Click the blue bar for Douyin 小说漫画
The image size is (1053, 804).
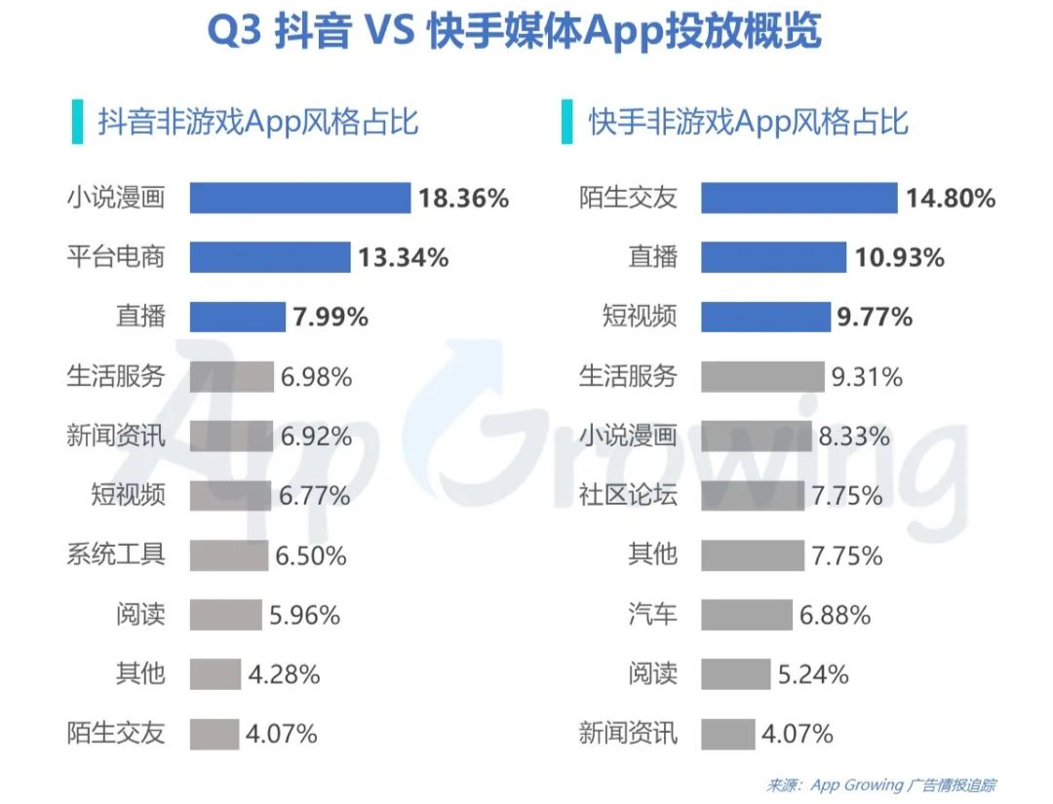click(299, 198)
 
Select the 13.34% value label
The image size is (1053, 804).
click(405, 257)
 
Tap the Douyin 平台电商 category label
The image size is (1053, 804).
click(116, 257)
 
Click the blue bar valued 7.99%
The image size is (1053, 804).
click(237, 317)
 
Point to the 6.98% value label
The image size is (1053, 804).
click(316, 376)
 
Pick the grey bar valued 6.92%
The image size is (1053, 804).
click(231, 436)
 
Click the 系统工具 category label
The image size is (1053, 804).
click(116, 555)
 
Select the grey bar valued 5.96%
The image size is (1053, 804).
click(225, 614)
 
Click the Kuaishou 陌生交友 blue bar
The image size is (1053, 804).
click(799, 198)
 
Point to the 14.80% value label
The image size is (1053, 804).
click(951, 199)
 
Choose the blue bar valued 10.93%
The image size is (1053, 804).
click(773, 257)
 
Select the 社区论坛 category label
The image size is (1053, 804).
click(628, 495)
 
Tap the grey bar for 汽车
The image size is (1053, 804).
click(746, 614)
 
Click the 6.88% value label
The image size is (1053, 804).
click(836, 615)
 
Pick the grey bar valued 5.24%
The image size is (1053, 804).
click(735, 673)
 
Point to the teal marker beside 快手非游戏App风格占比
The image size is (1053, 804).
click(566, 122)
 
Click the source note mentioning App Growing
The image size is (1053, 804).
click(881, 785)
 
